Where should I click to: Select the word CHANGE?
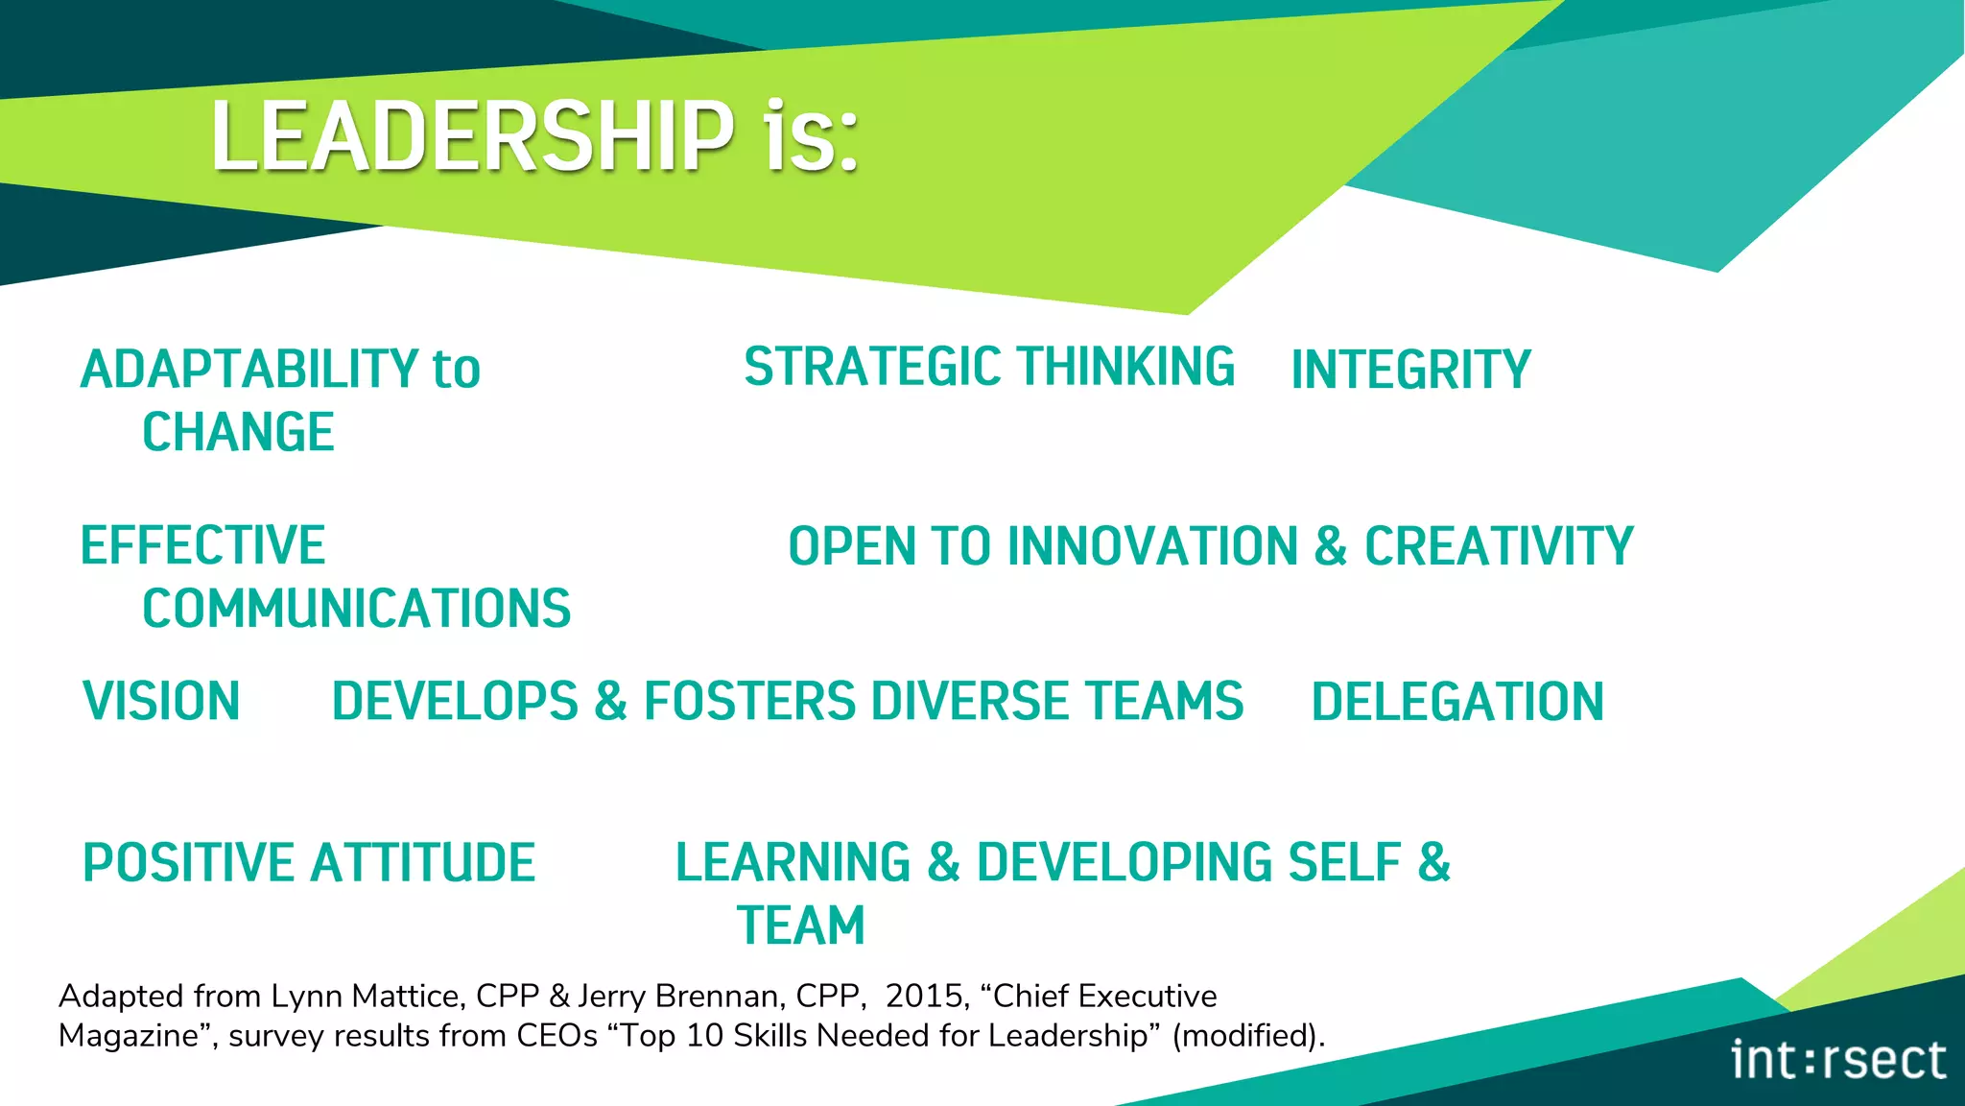tap(238, 432)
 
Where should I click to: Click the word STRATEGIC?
tap(872, 367)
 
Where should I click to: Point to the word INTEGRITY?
tap(1410, 371)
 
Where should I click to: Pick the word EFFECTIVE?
tap(203, 545)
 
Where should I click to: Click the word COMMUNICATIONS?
tap(357, 609)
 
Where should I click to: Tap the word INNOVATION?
tap(1152, 546)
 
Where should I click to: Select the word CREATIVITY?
tap(1499, 546)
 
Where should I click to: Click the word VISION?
tap(161, 701)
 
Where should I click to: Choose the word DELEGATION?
tap(1457, 702)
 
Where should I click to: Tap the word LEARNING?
tap(793, 862)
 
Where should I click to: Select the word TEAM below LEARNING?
tap(801, 926)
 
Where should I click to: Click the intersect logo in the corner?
tap(1837, 1060)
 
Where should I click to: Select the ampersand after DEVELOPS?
tap(610, 701)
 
